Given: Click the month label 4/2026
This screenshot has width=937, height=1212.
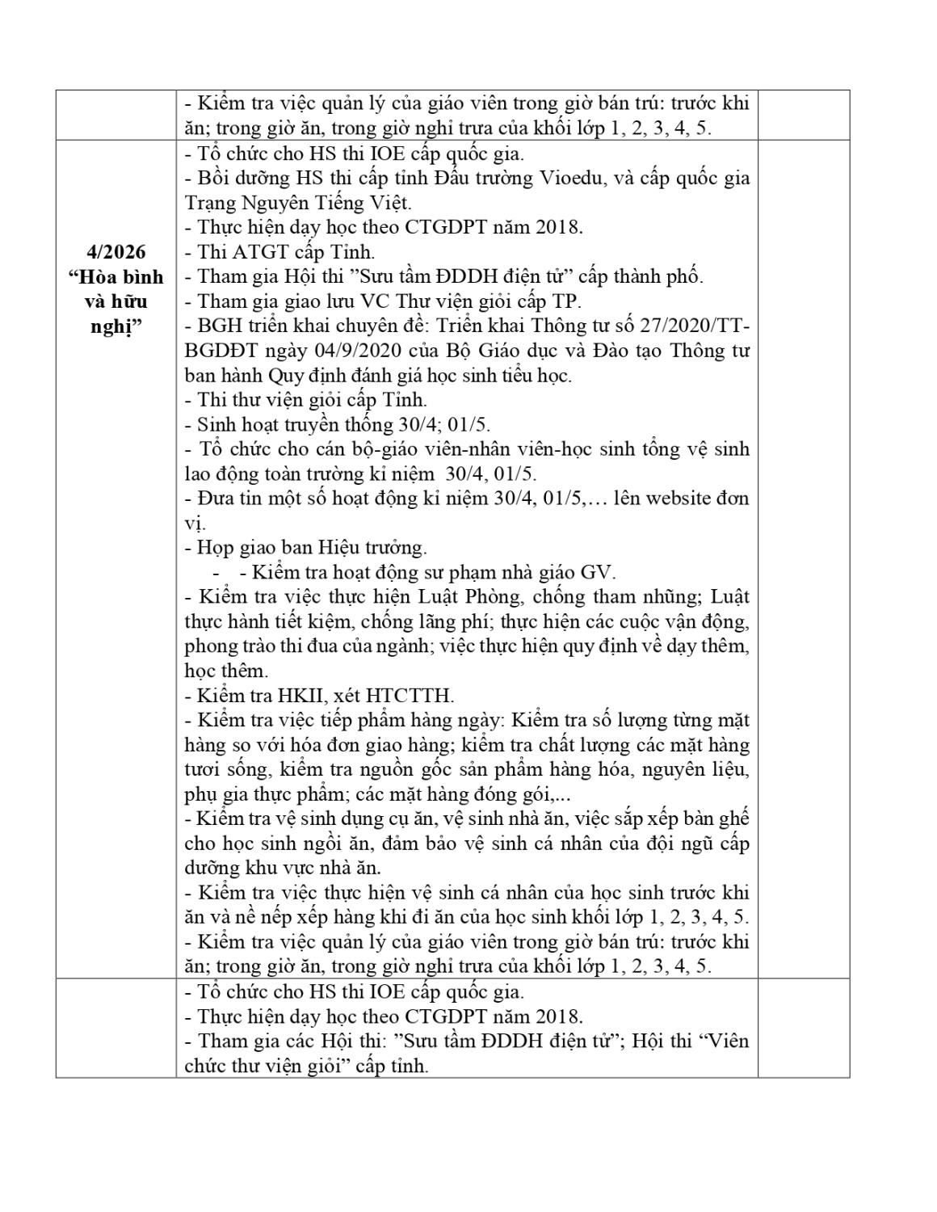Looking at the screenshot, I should [116, 252].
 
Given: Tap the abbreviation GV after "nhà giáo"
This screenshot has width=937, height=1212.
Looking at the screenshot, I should [598, 573].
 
